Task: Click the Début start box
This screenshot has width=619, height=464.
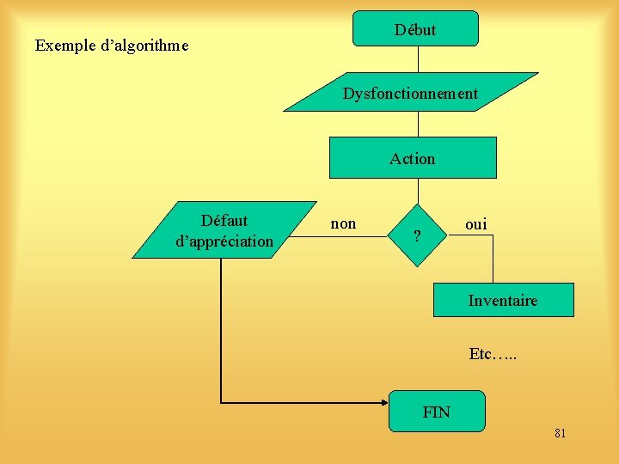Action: [x=415, y=28]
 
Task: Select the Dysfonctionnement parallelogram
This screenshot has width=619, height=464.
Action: [x=411, y=93]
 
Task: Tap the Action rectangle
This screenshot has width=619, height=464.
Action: [x=413, y=158]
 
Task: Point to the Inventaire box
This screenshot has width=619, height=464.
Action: [x=503, y=300]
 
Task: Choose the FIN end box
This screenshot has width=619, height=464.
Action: [x=437, y=412]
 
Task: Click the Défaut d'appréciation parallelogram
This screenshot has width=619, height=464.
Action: [x=224, y=230]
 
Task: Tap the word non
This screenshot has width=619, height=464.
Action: [x=343, y=224]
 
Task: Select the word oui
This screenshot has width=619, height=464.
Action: [x=475, y=224]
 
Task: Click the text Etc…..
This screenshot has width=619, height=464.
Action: [x=493, y=353]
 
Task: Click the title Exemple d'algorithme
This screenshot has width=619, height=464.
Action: [x=112, y=45]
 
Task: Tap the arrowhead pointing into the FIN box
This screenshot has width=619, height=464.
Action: [x=383, y=402]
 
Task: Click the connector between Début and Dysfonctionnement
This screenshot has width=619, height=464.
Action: [x=418, y=58]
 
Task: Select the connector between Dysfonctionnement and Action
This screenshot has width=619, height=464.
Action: [x=418, y=124]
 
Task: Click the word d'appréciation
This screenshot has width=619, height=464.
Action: [x=224, y=241]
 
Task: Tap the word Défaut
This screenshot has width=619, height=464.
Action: [x=224, y=220]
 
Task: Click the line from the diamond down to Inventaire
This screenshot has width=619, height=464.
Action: [x=493, y=258]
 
